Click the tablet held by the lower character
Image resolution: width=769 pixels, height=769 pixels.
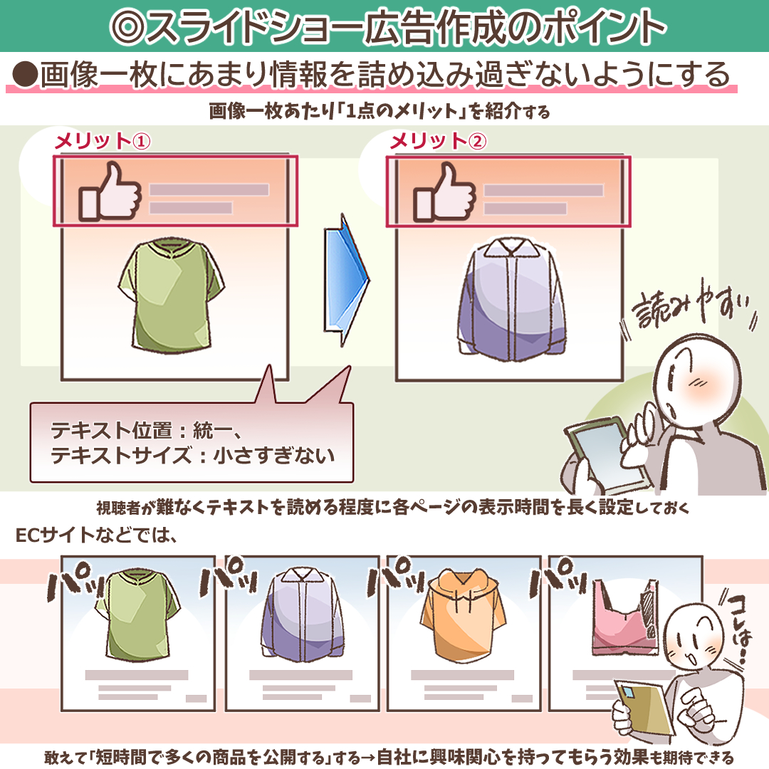click(644, 711)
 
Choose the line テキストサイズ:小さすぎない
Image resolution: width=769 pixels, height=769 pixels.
click(192, 455)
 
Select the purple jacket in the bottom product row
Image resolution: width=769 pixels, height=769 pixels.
click(300, 614)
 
